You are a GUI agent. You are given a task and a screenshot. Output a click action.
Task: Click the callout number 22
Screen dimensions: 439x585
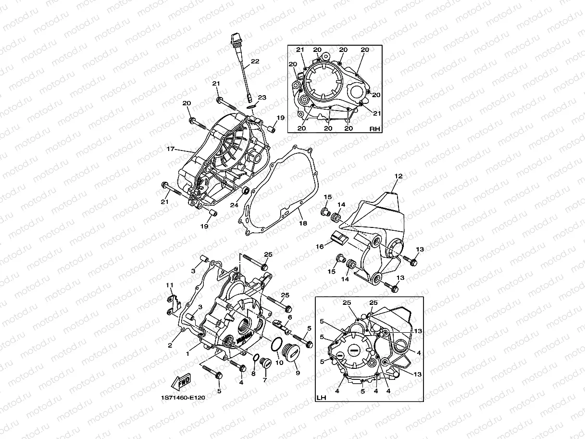(255, 61)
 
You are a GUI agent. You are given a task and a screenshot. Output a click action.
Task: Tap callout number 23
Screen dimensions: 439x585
(262, 98)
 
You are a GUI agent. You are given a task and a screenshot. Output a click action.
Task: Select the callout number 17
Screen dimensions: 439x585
(170, 149)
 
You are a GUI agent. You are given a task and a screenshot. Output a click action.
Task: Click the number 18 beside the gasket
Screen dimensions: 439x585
(303, 224)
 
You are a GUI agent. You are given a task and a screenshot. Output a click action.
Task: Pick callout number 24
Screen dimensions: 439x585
(234, 205)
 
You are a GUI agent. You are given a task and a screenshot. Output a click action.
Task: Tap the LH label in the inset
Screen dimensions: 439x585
(321, 398)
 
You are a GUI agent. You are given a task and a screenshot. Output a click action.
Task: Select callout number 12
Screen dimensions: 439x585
(398, 176)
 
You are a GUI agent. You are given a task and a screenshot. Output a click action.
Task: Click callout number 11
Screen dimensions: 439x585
(169, 285)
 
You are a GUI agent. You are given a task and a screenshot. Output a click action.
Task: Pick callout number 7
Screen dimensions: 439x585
(264, 380)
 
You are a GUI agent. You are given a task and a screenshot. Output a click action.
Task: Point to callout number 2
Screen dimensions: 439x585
(170, 345)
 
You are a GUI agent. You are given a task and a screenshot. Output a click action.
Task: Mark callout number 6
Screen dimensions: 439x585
(290, 318)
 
